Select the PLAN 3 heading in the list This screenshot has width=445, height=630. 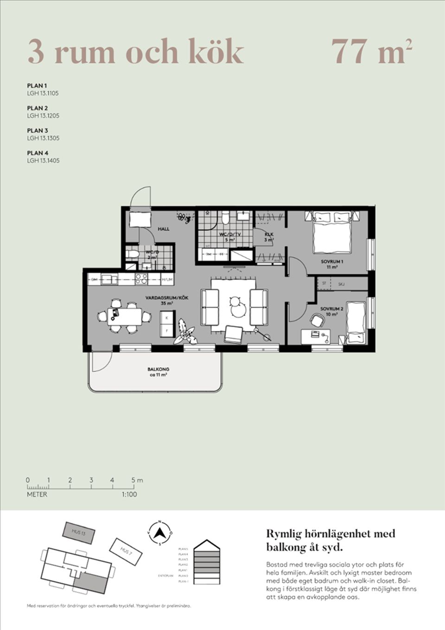(x=38, y=130)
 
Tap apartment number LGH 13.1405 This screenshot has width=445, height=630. (x=43, y=161)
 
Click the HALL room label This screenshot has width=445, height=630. (x=164, y=229)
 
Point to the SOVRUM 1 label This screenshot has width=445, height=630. (x=332, y=262)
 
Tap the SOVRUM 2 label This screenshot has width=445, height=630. (x=331, y=309)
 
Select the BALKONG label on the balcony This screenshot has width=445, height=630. (x=158, y=369)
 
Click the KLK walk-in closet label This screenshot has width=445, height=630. (x=269, y=235)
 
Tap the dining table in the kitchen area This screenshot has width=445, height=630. (x=125, y=316)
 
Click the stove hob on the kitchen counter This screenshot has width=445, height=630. (x=141, y=279)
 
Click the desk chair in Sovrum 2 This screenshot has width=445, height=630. (x=318, y=320)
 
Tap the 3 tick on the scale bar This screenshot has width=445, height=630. (x=91, y=480)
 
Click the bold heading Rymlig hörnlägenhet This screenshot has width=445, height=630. (x=331, y=534)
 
